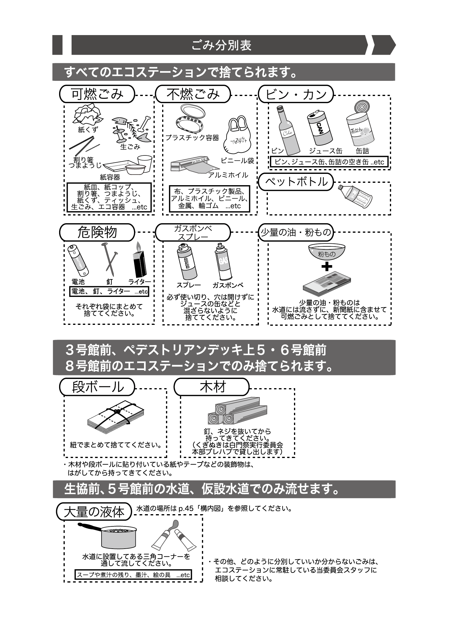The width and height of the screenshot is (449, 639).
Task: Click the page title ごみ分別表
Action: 221,45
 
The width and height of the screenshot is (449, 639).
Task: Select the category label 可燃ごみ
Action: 97,94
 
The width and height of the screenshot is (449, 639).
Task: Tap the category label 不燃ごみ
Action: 193,94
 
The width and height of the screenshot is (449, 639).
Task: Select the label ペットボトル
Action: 296,182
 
